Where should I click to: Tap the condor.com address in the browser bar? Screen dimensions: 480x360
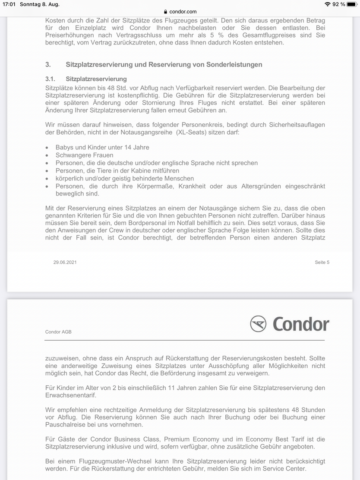click(x=183, y=12)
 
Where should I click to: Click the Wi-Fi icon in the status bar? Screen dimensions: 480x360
click(x=328, y=4)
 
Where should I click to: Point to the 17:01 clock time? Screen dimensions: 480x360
click(x=8, y=4)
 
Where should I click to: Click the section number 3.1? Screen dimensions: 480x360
click(x=51, y=79)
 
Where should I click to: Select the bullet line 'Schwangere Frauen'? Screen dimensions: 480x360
click(x=85, y=155)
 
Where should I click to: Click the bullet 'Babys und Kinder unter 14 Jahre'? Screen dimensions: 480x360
click(x=102, y=147)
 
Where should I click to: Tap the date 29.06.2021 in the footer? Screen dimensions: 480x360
click(x=65, y=262)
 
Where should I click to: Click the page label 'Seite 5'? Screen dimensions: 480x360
click(x=322, y=262)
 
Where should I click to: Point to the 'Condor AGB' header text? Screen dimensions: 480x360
click(x=58, y=332)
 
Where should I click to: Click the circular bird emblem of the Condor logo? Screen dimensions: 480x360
click(x=258, y=324)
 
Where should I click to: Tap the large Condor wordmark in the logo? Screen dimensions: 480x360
click(x=300, y=324)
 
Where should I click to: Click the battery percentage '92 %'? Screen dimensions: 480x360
click(x=339, y=4)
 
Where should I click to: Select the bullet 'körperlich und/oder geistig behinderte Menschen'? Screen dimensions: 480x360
click(x=125, y=178)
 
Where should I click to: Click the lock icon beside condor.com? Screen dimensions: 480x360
click(x=166, y=12)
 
